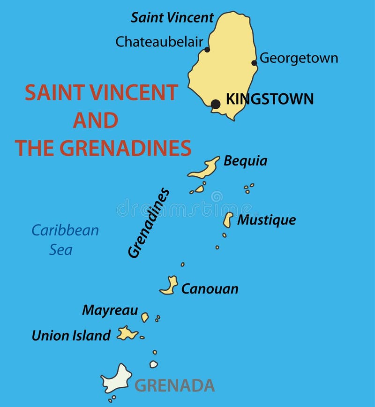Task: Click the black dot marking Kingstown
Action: click(216, 104)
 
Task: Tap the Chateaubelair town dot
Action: click(207, 49)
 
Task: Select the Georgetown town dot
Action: click(254, 63)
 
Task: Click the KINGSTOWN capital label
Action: click(270, 99)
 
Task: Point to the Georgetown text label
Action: click(299, 58)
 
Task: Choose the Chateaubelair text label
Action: click(159, 42)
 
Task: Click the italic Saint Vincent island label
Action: click(172, 18)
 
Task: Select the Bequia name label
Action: click(245, 161)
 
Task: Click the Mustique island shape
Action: click(228, 219)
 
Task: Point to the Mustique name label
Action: click(266, 220)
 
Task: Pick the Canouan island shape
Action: click(170, 286)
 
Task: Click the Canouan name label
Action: click(210, 289)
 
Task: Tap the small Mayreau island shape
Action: click(145, 317)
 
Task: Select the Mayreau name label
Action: click(110, 310)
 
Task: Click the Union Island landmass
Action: click(127, 333)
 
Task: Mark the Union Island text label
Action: click(71, 335)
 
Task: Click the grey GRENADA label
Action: click(174, 385)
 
